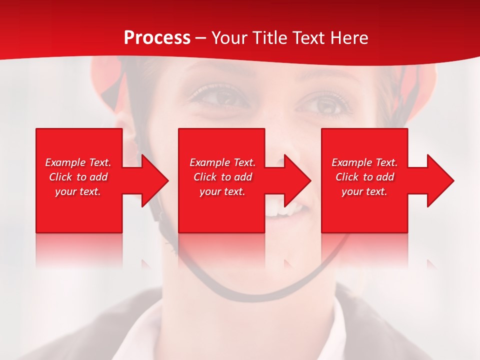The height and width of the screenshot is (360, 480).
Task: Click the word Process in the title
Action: click(x=157, y=38)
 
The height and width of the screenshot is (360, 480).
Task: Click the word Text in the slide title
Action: click(x=310, y=38)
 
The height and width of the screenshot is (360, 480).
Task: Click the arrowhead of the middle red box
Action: click(x=297, y=180)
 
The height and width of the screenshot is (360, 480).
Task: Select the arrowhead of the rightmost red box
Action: click(x=440, y=180)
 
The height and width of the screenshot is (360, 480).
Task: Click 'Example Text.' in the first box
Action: click(x=78, y=162)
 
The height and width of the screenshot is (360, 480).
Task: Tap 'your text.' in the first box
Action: click(x=78, y=191)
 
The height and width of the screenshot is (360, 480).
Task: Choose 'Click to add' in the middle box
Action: click(x=222, y=177)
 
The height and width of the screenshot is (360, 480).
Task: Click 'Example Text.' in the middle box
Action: click(x=222, y=162)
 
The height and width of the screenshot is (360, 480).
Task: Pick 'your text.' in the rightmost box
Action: click(x=364, y=191)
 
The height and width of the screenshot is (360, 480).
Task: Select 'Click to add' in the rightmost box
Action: click(x=364, y=177)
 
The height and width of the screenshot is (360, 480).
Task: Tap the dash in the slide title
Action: click(x=200, y=38)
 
